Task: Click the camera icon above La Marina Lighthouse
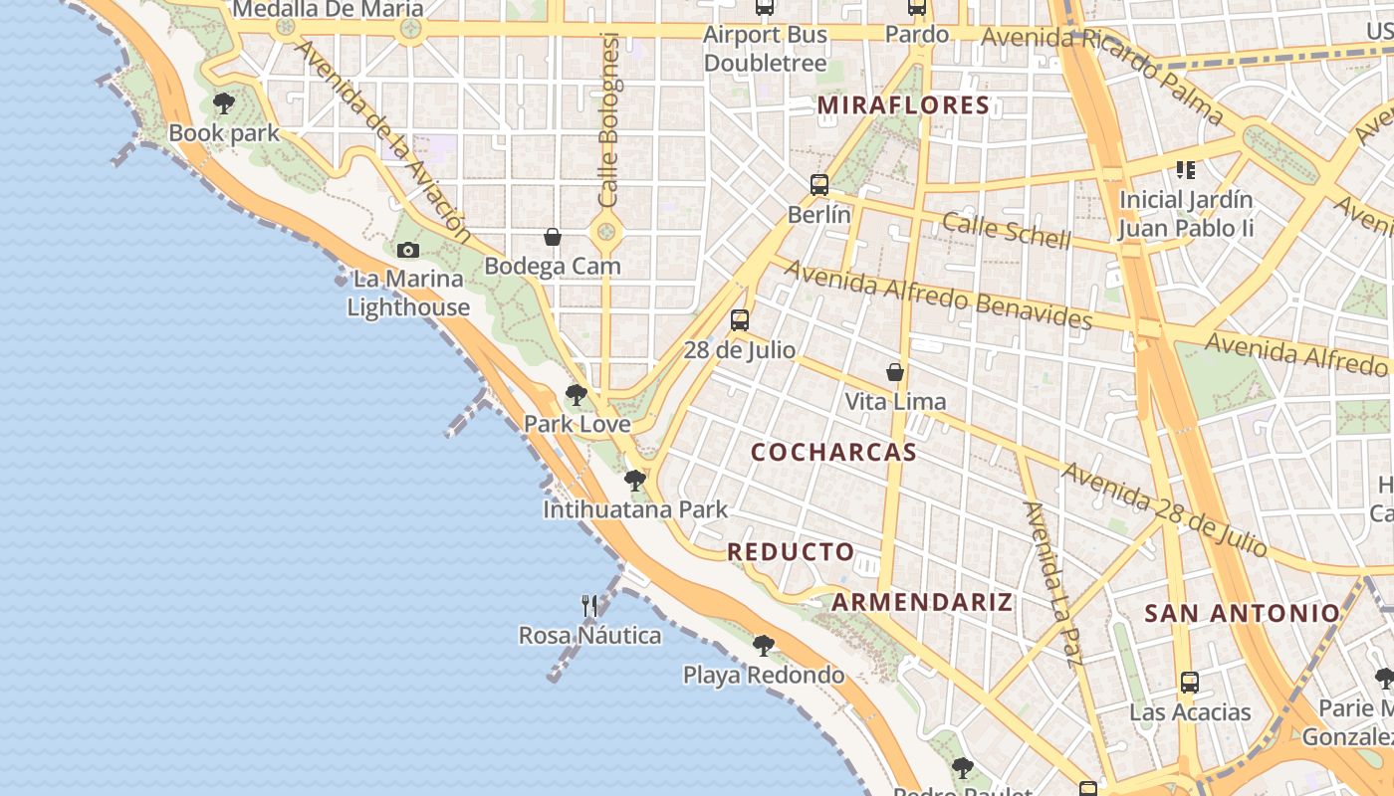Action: tap(408, 251)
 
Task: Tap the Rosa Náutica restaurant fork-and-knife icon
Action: tap(589, 605)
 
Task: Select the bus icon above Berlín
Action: tap(819, 185)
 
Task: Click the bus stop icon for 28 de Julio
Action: tap(740, 320)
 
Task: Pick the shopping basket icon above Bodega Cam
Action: tap(553, 237)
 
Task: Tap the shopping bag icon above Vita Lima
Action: tap(895, 372)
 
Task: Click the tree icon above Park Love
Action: tap(576, 395)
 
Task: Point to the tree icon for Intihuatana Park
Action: tap(634, 481)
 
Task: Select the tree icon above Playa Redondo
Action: tap(763, 646)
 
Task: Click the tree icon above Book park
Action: tap(224, 102)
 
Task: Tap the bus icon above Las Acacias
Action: tap(1190, 683)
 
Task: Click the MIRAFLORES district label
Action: tap(904, 105)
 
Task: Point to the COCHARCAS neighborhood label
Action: tap(833, 453)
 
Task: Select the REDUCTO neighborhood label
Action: tap(791, 552)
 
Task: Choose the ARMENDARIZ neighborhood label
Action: tap(922, 602)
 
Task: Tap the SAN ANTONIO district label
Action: tap(1242, 613)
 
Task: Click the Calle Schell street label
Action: tap(1007, 231)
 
